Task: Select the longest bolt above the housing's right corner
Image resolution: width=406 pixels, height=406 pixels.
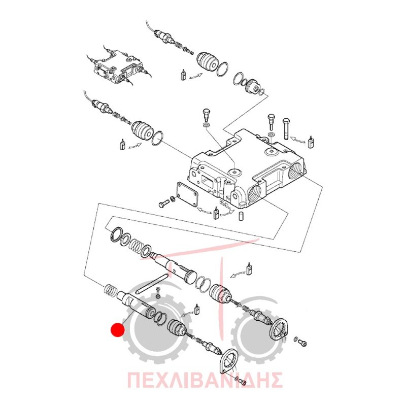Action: pos(286,129)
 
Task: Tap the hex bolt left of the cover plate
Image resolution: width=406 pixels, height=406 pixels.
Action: pos(163,204)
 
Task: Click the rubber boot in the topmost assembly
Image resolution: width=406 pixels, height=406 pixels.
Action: pos(206,61)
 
